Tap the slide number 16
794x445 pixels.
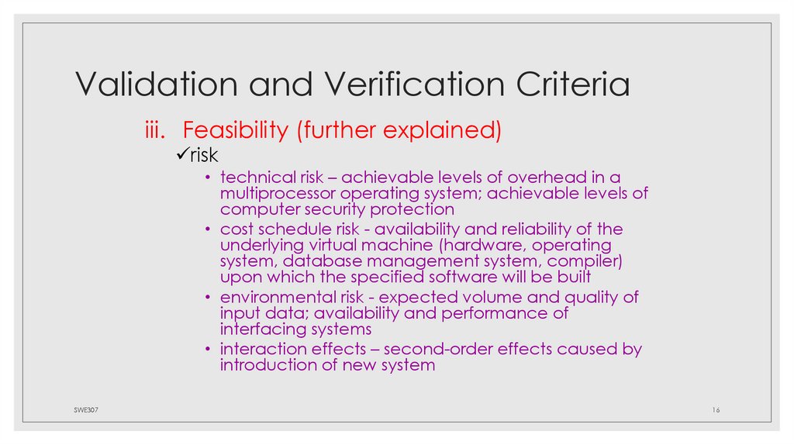pyautogui.click(x=715, y=409)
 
